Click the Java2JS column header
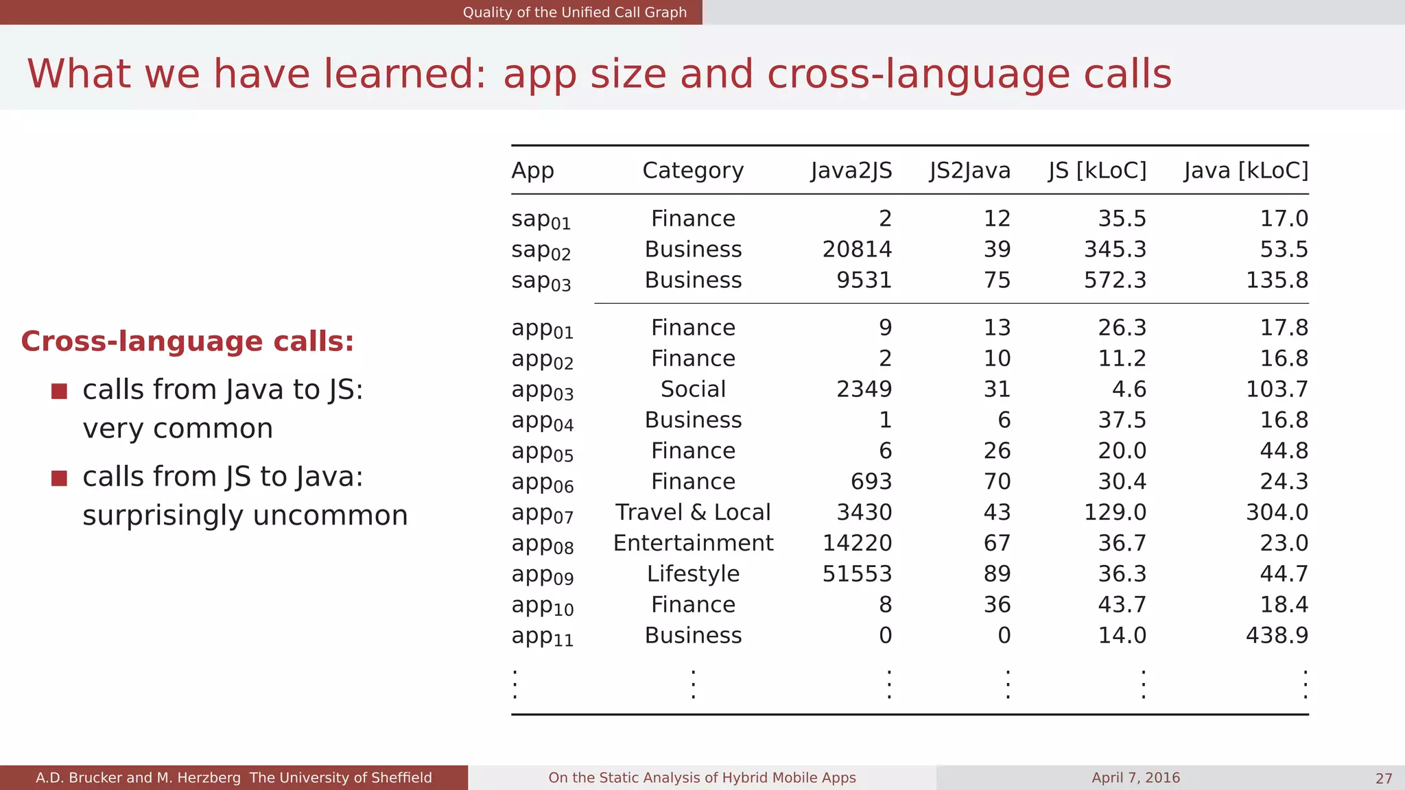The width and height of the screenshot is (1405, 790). [851, 170]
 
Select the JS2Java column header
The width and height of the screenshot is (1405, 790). [969, 170]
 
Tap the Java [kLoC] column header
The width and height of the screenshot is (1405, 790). [1246, 170]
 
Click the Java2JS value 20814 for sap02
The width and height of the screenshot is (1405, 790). [857, 249]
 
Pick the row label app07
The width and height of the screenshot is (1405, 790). [542, 514]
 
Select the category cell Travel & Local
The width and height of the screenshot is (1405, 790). [693, 512]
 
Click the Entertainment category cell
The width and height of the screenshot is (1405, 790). [693, 543]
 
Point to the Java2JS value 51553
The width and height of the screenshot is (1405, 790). [857, 573]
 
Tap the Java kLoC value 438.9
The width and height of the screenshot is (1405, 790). [1277, 635]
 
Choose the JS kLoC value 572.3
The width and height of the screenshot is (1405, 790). [1115, 280]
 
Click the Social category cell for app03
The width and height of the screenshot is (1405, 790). [693, 389]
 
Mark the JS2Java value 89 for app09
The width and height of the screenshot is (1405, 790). [997, 573]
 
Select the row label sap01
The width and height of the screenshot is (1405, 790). [541, 219]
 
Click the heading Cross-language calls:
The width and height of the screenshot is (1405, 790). [187, 342]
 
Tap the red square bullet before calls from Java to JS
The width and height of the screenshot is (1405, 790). [59, 391]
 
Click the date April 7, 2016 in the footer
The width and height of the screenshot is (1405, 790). [1135, 778]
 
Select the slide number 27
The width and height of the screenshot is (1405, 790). [1383, 778]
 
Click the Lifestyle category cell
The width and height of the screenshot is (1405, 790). [693, 573]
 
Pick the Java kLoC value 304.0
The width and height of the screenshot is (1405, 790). [1277, 512]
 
